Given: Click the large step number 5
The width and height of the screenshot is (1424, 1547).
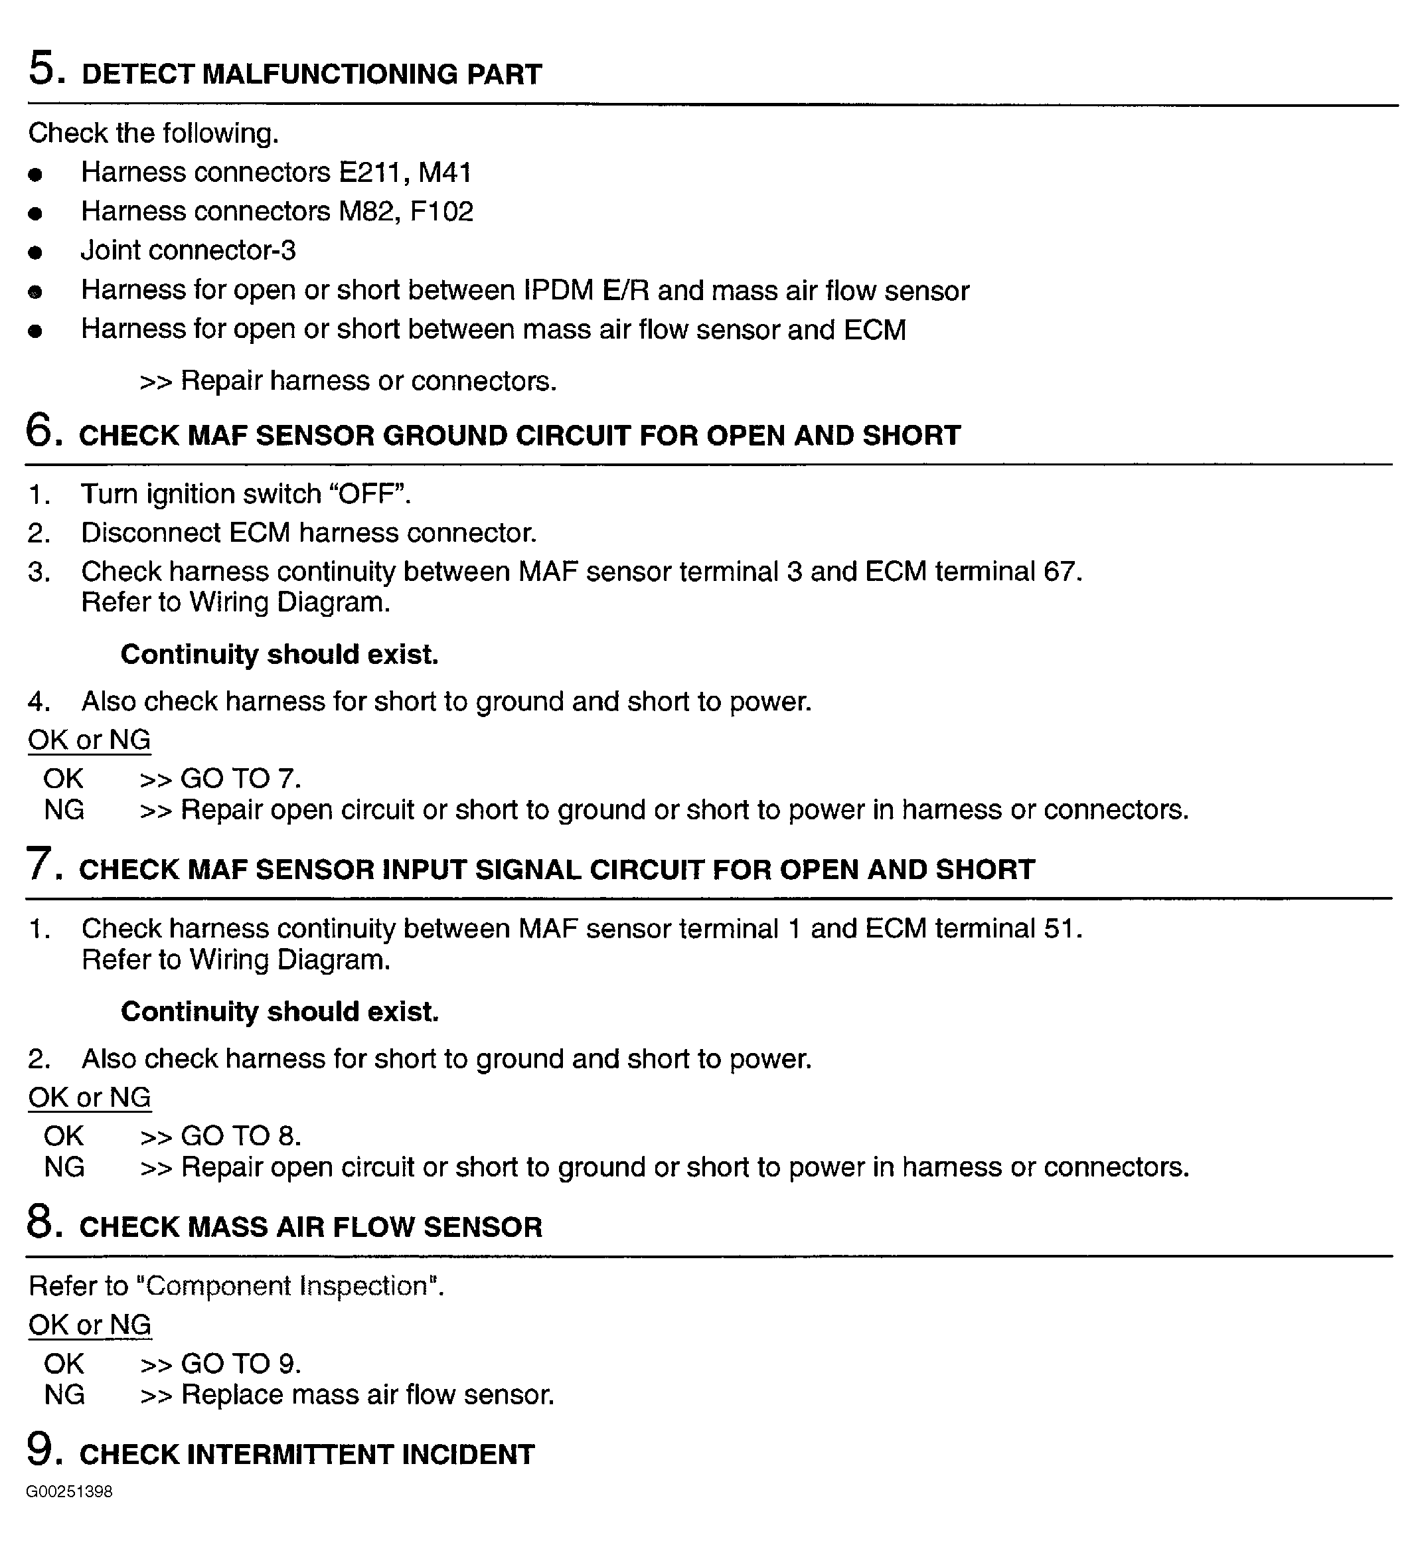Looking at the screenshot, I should click(x=42, y=68).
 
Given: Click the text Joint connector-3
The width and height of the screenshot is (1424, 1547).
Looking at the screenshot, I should click(x=188, y=251).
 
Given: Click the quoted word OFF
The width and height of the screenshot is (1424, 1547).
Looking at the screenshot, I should click(x=369, y=494).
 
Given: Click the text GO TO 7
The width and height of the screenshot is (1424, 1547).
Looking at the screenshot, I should click(x=240, y=779).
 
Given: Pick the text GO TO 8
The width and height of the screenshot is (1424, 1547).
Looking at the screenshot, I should click(x=240, y=1136).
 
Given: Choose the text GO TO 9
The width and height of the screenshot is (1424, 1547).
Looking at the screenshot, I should click(x=240, y=1364).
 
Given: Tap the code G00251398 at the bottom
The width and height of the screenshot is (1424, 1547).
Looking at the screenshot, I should click(x=69, y=1513).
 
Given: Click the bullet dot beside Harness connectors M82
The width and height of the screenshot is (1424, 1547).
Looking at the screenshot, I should click(x=35, y=214).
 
